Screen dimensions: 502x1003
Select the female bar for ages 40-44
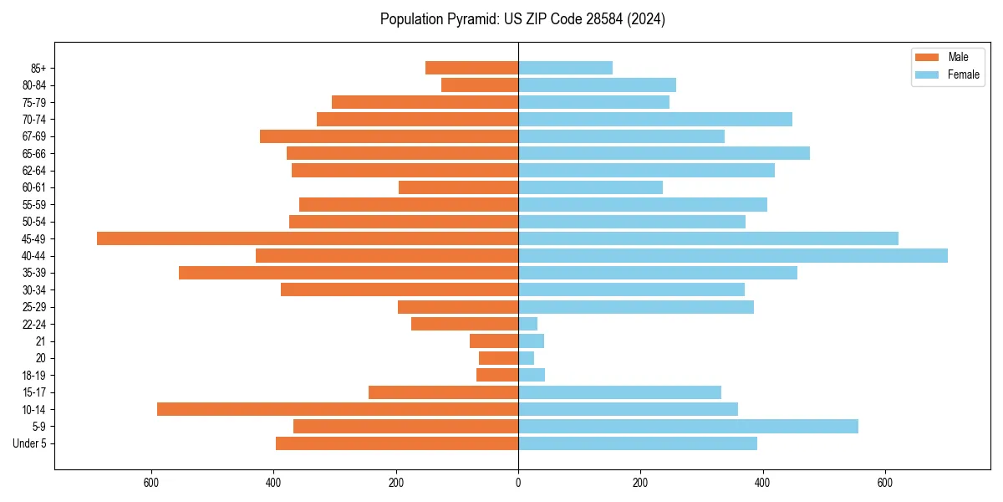[733, 255]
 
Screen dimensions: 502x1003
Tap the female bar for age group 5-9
[688, 426]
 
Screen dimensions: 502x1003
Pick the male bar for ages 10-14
[338, 409]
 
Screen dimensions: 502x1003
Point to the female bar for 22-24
[527, 324]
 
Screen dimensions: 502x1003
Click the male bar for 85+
[471, 68]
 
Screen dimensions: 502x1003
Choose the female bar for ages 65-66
[664, 153]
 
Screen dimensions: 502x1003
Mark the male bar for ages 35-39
[349, 273]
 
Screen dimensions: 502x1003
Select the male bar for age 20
[498, 358]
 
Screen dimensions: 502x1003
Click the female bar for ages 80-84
[597, 85]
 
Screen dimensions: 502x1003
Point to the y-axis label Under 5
[29, 443]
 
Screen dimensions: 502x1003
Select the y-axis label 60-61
[34, 187]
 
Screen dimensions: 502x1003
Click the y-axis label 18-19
[34, 375]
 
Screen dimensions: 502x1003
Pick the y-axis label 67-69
[34, 136]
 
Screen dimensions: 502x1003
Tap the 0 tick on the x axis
[518, 483]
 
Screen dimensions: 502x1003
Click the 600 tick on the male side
[151, 483]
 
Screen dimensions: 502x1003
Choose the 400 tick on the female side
[762, 483]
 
